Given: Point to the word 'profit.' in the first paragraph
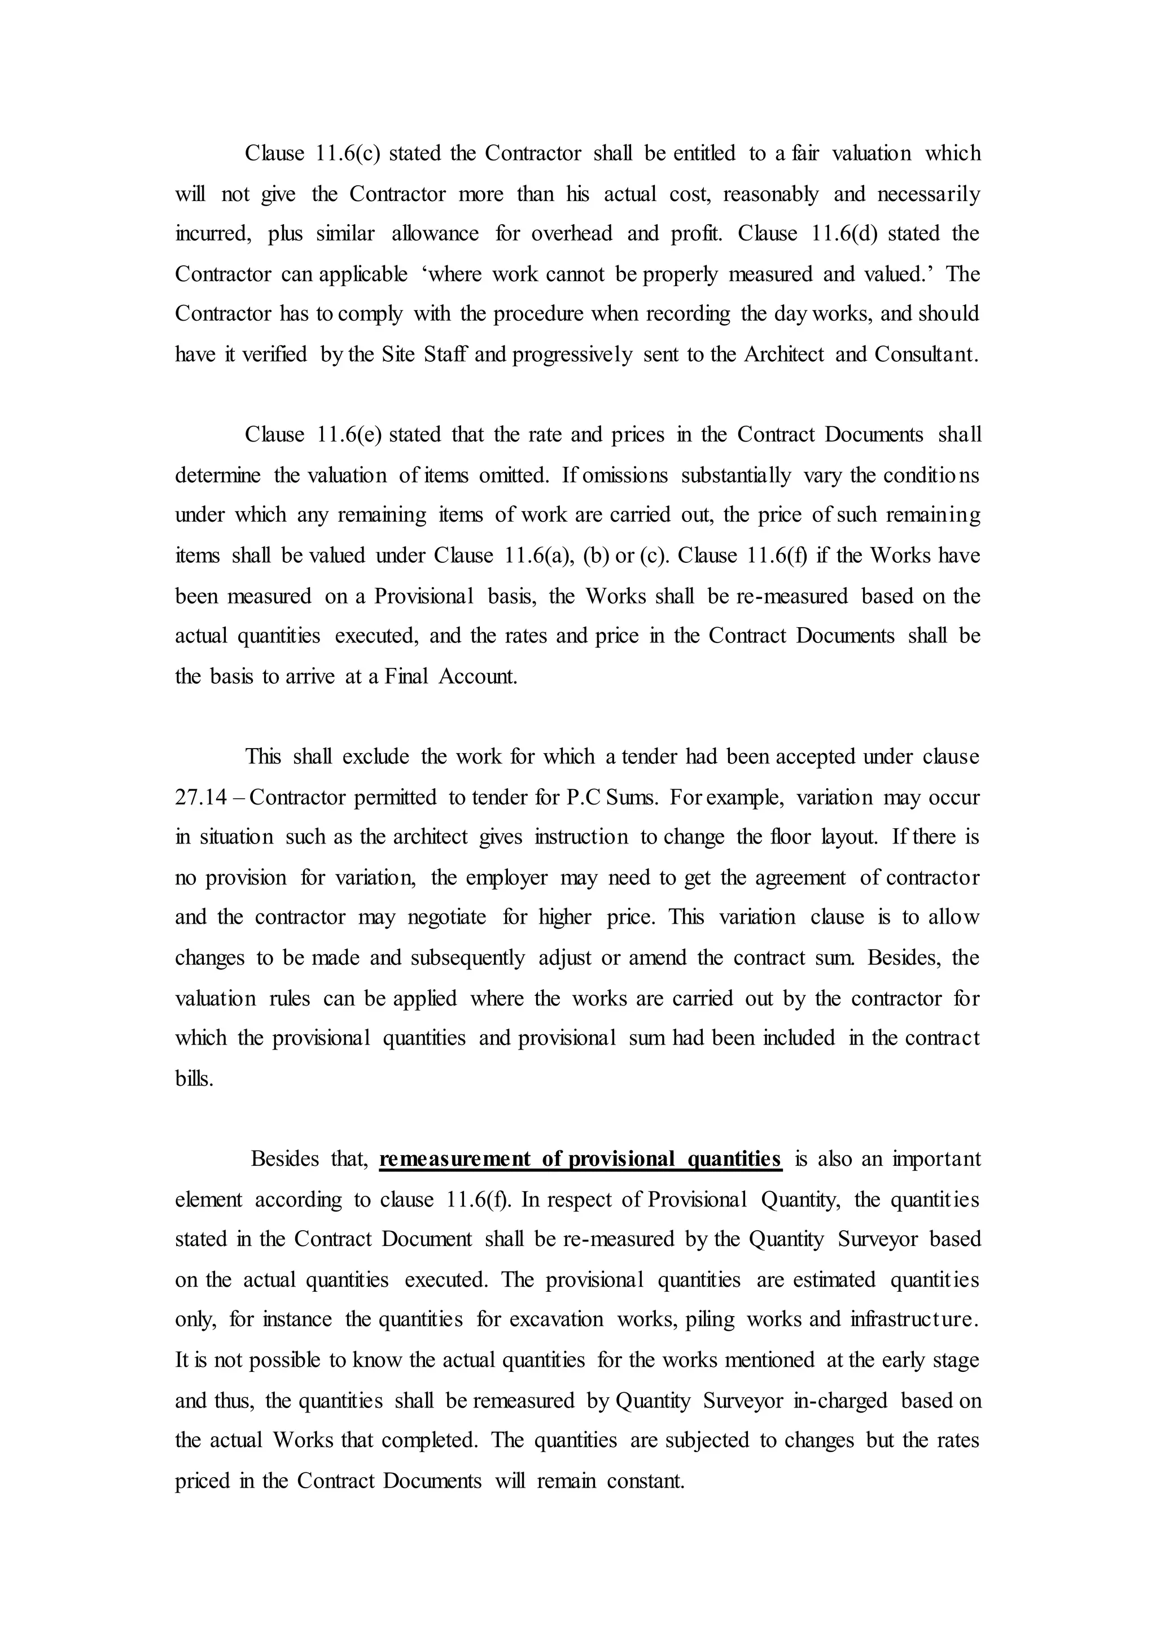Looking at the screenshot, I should [696, 234].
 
